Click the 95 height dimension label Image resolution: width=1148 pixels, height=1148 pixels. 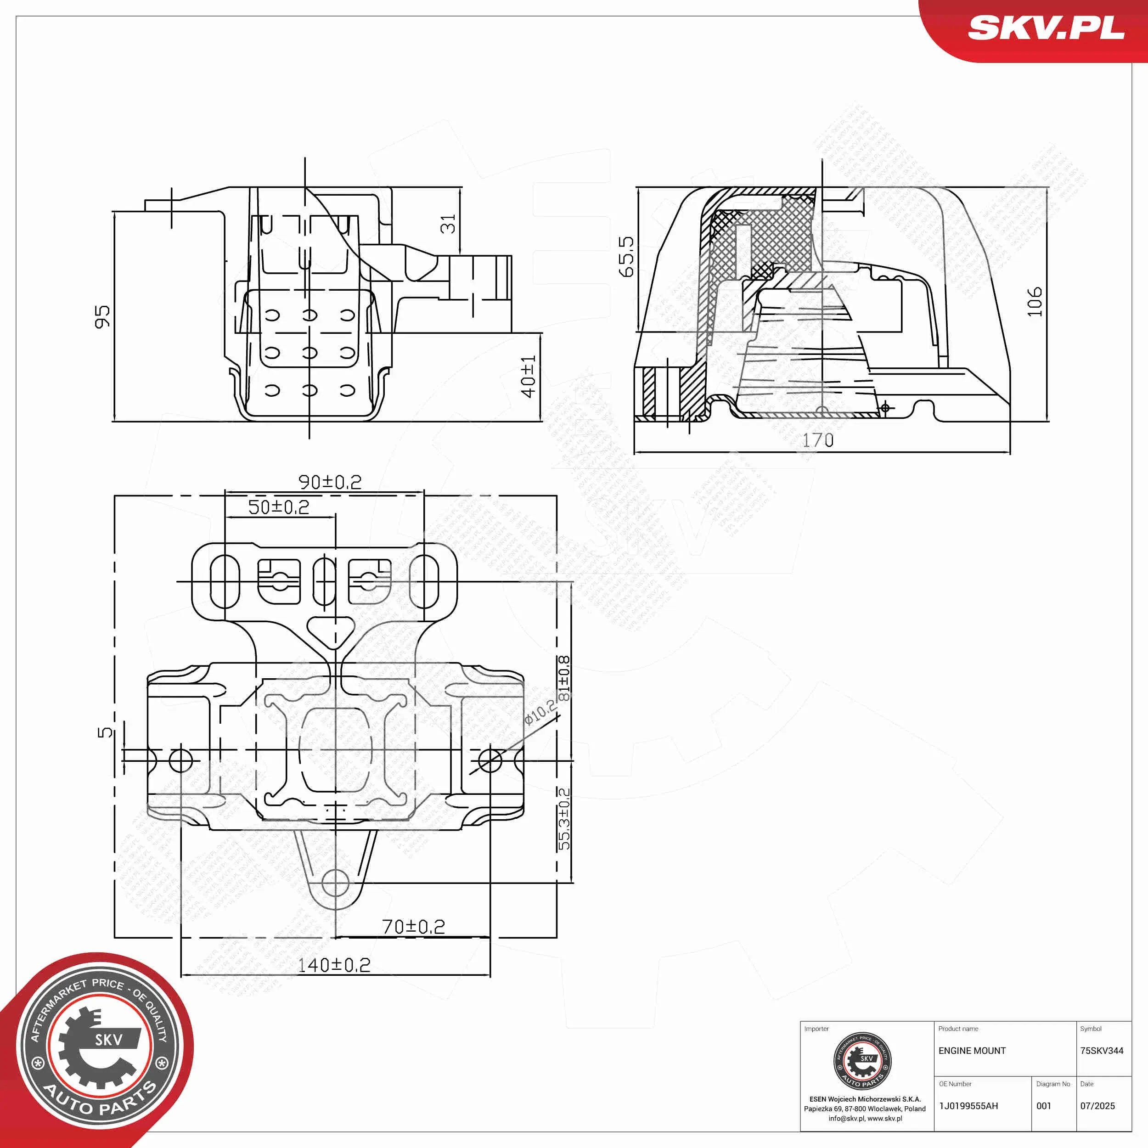[102, 317]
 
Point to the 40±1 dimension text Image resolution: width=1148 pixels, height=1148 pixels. [528, 377]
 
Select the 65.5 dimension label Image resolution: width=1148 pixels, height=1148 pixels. [626, 257]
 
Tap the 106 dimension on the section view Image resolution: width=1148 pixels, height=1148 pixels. [1035, 301]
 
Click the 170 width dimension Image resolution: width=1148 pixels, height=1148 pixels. [818, 440]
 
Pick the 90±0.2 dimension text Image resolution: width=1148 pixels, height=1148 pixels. [330, 482]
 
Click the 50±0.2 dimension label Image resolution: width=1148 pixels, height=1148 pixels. [279, 507]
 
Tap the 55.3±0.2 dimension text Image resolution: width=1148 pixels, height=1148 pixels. [564, 818]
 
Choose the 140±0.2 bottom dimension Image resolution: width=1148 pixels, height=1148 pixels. [334, 965]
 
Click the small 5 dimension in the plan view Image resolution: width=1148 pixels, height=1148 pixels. [105, 732]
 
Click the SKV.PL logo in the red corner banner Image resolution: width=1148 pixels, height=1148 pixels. [1046, 28]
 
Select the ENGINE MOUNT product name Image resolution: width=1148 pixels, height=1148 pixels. [972, 1051]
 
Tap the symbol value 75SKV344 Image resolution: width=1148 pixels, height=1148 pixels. [1102, 1051]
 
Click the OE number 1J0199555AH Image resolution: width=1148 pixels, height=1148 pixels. [968, 1106]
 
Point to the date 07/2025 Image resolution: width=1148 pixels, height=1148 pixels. [1097, 1106]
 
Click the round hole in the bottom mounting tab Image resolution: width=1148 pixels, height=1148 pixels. [335, 883]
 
